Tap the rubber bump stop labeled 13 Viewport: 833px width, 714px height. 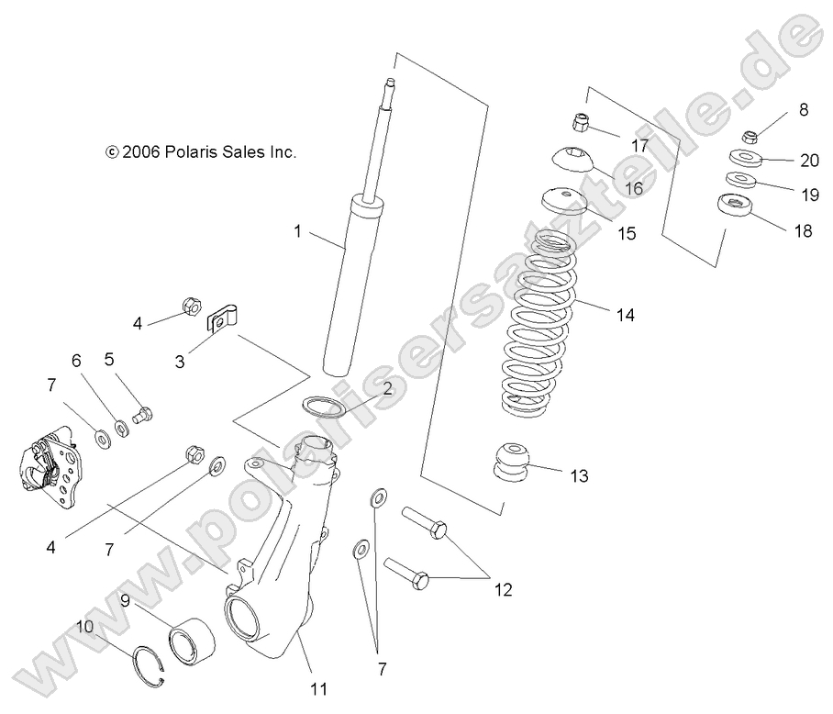pyautogui.click(x=513, y=459)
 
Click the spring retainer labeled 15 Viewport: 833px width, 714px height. pyautogui.click(x=563, y=200)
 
